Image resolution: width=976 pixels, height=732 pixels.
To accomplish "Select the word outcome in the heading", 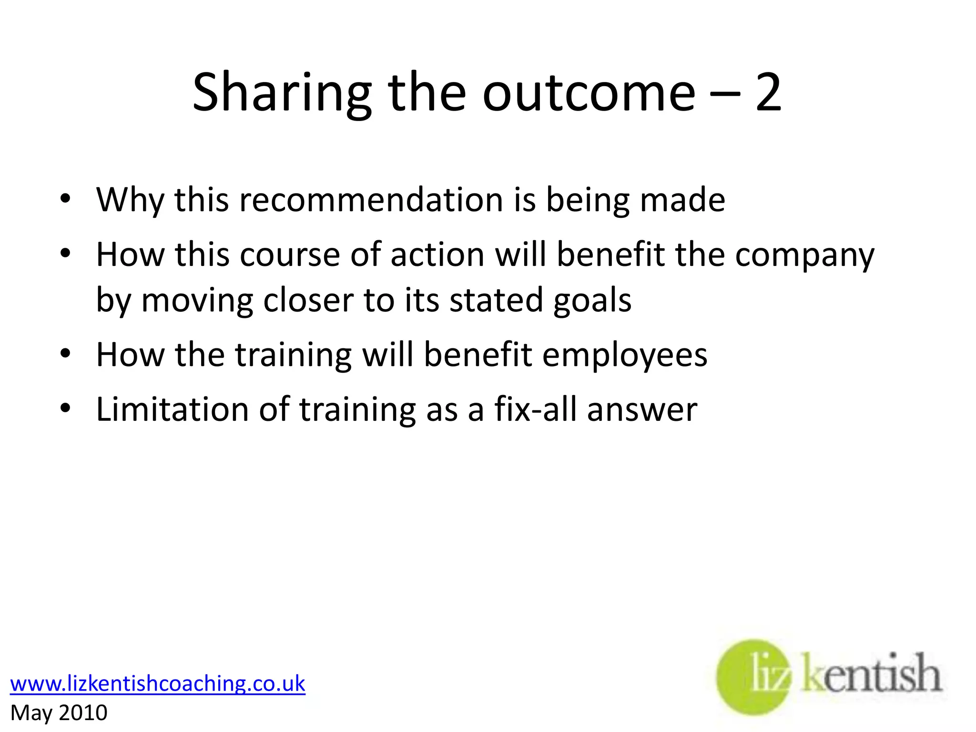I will [x=589, y=92].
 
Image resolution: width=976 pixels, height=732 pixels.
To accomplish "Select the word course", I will [x=290, y=254].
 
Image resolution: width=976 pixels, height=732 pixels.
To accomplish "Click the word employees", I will [x=625, y=356].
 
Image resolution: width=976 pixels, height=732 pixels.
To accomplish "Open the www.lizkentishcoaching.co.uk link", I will [x=158, y=683].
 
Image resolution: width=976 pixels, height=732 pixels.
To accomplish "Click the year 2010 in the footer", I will [x=83, y=713].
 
